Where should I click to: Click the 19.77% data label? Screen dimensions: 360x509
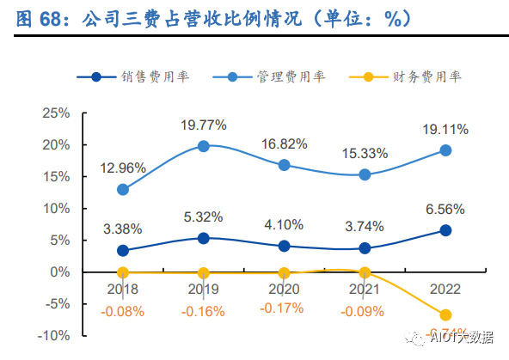tap(204, 125)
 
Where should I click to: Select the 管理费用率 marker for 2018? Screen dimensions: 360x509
tap(123, 189)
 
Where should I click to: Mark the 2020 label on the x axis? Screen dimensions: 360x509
tap(285, 290)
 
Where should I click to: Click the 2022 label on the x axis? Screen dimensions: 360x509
tap(445, 290)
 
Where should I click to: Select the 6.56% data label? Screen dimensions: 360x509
tap(445, 209)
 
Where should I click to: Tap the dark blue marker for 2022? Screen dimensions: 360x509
tap(445, 230)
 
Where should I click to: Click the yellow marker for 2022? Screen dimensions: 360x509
tap(445, 315)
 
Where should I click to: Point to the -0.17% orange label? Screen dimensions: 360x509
tap(285, 308)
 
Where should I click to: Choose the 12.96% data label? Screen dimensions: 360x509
tap(123, 168)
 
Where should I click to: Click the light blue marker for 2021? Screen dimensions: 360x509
tap(365, 174)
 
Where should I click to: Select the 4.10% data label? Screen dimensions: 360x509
tap(285, 225)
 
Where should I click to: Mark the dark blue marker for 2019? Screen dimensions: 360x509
tap(204, 238)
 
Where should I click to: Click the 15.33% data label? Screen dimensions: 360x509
tap(365, 153)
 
